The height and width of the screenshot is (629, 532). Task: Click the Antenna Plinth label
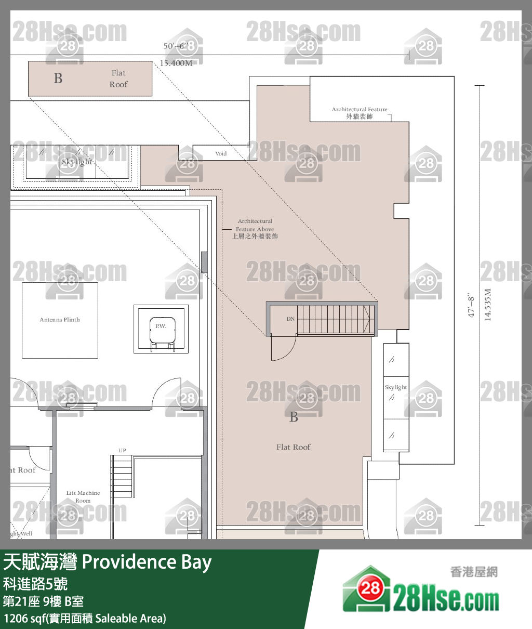(x=60, y=320)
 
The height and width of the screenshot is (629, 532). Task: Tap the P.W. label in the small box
(x=161, y=326)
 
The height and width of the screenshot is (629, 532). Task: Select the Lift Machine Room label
(x=83, y=496)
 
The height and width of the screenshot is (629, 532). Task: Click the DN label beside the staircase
(x=290, y=319)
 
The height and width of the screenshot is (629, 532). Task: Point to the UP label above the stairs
(x=122, y=451)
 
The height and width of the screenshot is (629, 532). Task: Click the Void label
(x=221, y=153)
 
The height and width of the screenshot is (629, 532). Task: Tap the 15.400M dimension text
(x=176, y=63)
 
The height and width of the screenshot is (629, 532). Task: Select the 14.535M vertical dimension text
(x=487, y=305)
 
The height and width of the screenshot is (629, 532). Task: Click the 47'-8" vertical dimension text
(x=472, y=305)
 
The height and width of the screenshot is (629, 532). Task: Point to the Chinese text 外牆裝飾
(x=360, y=116)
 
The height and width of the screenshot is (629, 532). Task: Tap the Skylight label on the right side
(x=396, y=387)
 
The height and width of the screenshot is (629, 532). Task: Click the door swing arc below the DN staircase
(x=284, y=348)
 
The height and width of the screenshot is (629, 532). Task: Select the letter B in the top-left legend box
(x=58, y=78)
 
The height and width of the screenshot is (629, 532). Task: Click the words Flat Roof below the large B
(x=294, y=447)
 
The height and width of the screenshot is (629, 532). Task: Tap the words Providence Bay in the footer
(x=147, y=562)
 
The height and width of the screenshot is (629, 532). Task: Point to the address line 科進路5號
(x=35, y=584)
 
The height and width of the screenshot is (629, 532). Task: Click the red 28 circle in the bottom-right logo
(x=370, y=588)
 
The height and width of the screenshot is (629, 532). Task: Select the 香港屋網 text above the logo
(x=474, y=572)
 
